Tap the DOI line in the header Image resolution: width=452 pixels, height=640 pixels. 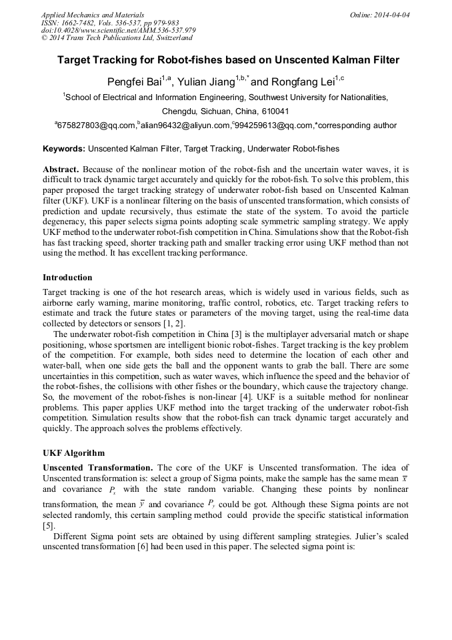(118, 30)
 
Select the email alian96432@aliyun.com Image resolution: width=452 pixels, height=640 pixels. (185, 125)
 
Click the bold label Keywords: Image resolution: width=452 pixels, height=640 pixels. (64, 148)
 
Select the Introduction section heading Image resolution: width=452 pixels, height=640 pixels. (67, 278)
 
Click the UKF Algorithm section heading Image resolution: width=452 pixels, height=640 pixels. (73, 452)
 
